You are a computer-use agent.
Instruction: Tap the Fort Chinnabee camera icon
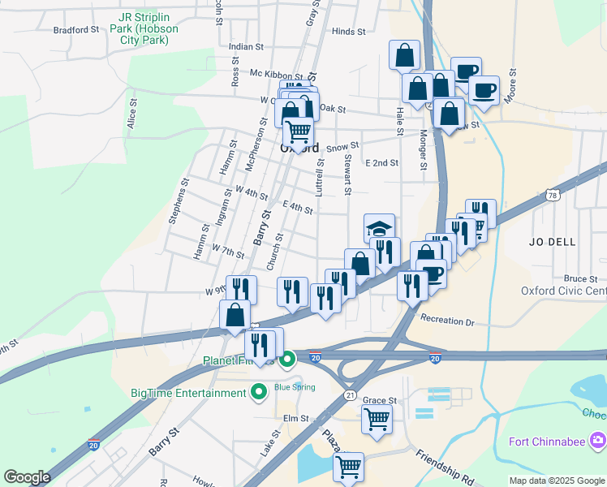point(598,441)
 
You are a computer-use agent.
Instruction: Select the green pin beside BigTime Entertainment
point(260,393)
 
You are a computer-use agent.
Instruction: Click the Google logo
point(27,477)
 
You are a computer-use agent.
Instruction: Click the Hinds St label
point(349,31)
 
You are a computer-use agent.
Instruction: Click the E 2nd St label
point(381,162)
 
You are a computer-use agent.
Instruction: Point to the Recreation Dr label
point(447,322)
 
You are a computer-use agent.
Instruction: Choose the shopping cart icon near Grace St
point(377,419)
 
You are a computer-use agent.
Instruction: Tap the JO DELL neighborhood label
point(552,242)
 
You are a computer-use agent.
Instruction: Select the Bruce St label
point(581,278)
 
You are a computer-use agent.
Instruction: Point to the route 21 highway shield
point(350,394)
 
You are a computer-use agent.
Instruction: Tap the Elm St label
point(297,418)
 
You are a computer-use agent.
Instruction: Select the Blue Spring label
point(295,387)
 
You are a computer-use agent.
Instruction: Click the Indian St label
point(247,47)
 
